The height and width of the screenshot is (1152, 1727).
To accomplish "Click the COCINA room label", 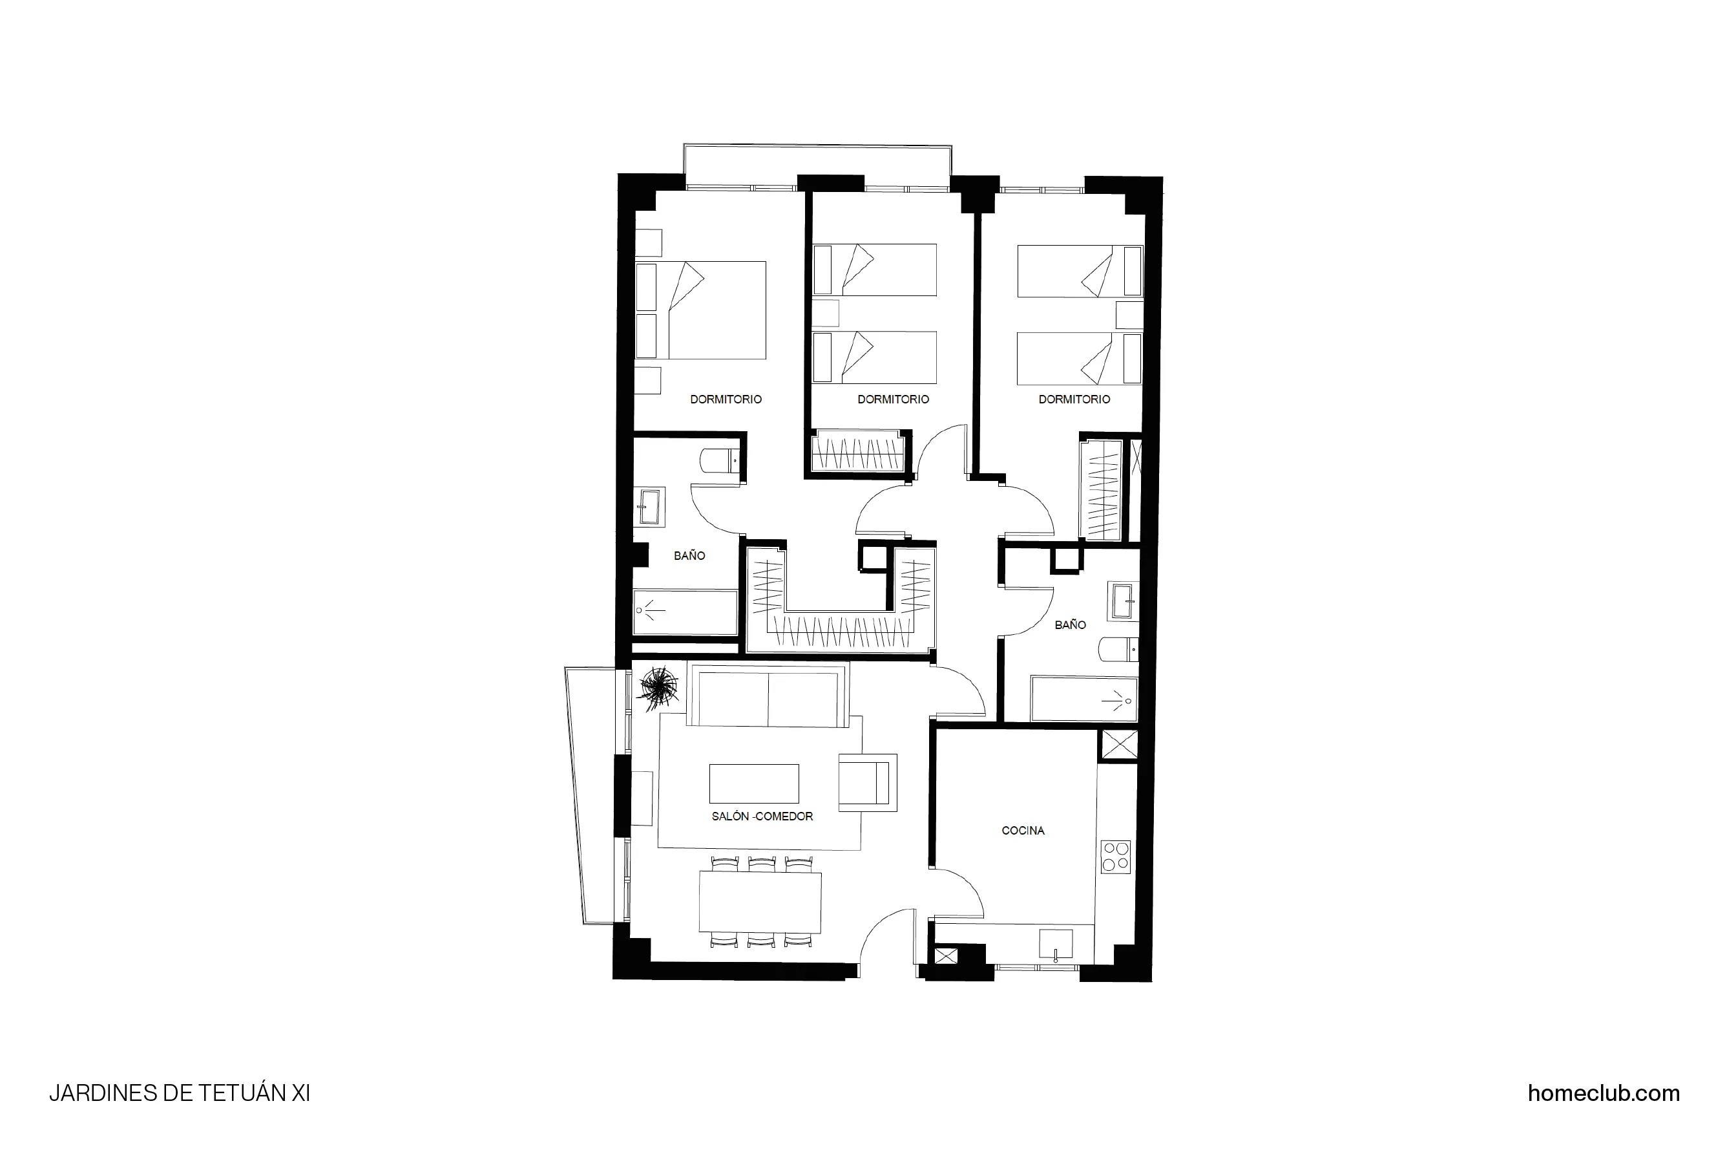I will pos(1022,830).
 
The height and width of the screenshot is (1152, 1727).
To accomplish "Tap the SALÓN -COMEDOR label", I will pos(762,816).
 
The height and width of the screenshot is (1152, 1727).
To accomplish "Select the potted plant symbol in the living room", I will pos(658,688).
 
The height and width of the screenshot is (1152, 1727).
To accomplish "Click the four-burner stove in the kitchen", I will pos(1115,857).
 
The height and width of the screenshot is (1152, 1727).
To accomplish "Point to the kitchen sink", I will pos(1055,944).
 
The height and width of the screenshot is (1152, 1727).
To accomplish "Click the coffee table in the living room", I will pos(753,783).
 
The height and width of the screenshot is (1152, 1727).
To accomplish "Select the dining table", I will pos(760,901).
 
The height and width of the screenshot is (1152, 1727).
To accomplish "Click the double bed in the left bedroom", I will pos(701,310).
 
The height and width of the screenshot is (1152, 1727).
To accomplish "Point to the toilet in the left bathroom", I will pos(720,462).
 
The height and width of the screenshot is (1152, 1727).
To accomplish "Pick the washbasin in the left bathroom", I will pos(649,507).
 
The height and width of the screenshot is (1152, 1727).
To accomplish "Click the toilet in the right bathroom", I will pos(1118,650).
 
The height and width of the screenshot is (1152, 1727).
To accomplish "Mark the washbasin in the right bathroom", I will pos(1124,601).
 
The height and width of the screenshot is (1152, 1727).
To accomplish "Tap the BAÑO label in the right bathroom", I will pos(1070,624).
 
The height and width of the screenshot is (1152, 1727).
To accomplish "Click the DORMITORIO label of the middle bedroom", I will pos(893,399).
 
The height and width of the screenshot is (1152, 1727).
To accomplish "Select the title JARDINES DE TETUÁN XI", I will pos(179,1093).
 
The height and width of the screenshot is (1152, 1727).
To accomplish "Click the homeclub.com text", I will pos(1603,1093).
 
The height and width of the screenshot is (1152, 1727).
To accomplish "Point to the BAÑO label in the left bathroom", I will pos(689,555).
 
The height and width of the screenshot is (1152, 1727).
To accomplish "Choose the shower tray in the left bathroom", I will pos(685,612).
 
